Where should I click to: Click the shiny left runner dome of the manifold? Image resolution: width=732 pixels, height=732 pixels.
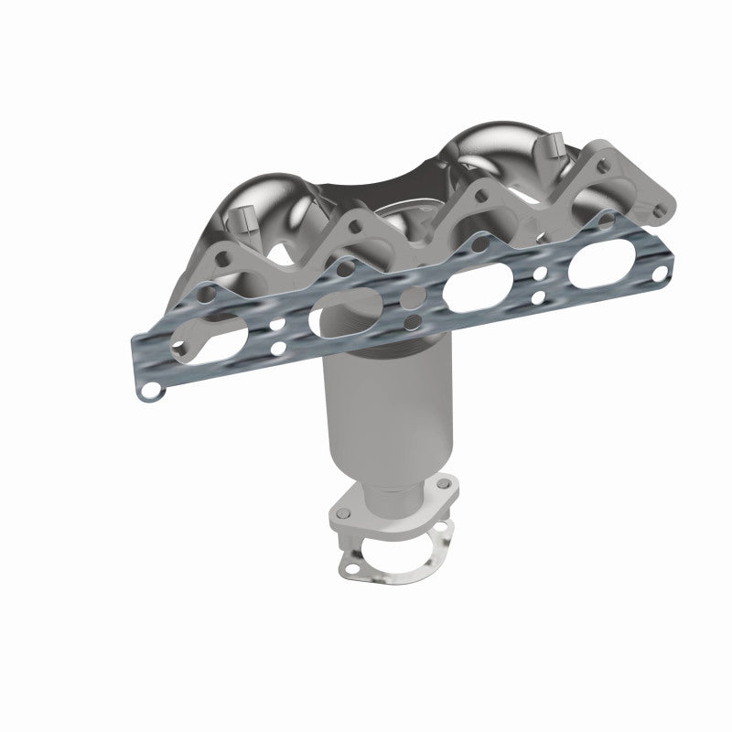click(274, 201)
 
